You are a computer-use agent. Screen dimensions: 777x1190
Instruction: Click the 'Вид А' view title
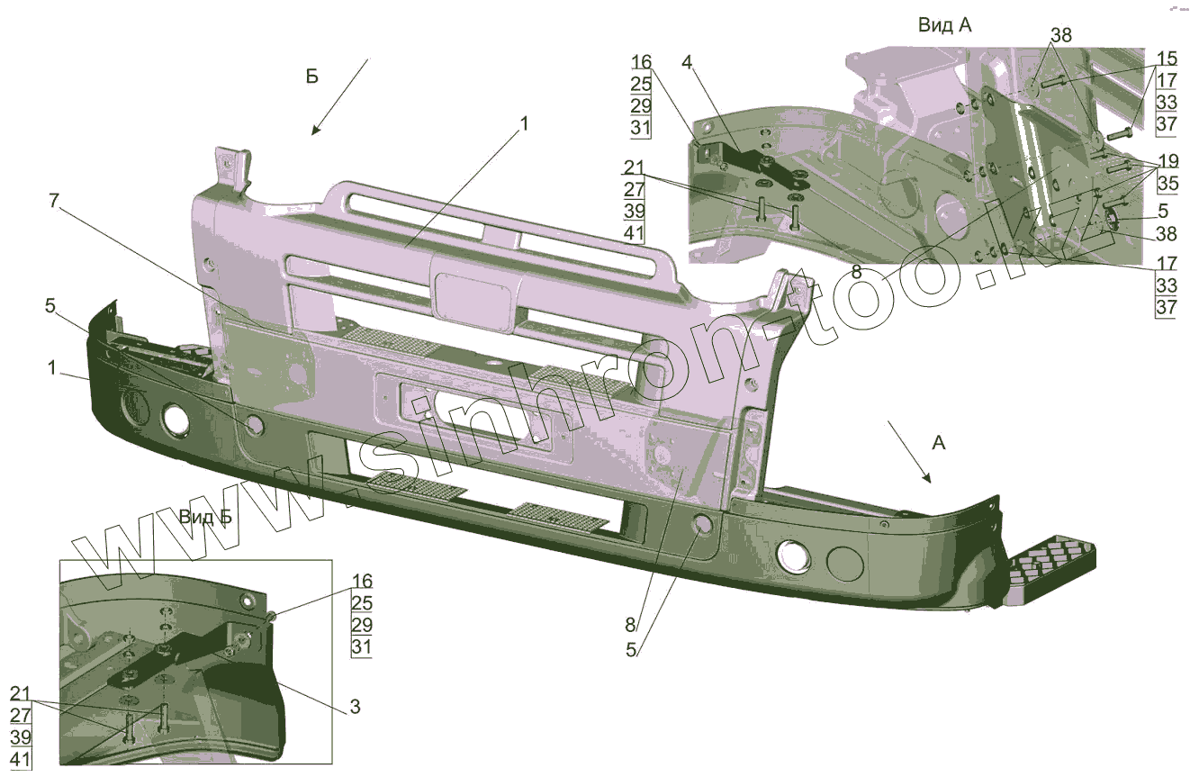click(x=944, y=25)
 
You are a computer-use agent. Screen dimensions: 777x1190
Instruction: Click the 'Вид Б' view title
click(x=205, y=517)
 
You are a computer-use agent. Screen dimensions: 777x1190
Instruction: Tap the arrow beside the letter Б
click(x=341, y=96)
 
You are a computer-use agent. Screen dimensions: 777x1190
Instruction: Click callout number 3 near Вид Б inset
click(x=355, y=707)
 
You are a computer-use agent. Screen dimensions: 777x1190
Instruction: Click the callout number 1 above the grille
click(x=524, y=123)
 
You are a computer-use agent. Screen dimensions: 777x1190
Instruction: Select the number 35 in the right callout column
click(x=1166, y=185)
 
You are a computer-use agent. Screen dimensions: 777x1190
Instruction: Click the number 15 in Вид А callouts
click(x=1166, y=58)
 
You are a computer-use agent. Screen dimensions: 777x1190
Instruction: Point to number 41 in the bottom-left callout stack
click(x=21, y=759)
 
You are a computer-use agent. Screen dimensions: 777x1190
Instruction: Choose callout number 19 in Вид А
click(x=1167, y=162)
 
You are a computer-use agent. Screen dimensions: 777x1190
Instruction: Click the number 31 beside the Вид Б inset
click(x=361, y=647)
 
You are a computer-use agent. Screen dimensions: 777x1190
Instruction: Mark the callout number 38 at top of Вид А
click(x=1061, y=35)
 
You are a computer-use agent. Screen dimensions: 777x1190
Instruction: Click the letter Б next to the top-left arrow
click(x=311, y=77)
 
